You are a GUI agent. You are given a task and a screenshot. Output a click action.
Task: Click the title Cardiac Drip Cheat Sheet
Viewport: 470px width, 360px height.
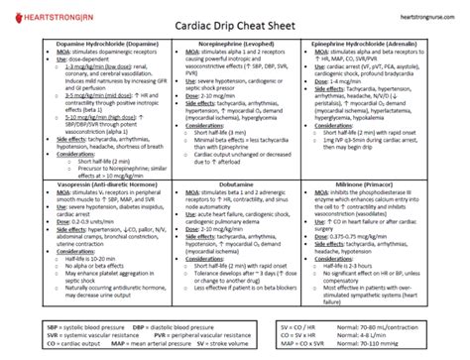point(234,30)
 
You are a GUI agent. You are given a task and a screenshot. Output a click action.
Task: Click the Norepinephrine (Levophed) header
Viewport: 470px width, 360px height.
point(235,48)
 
